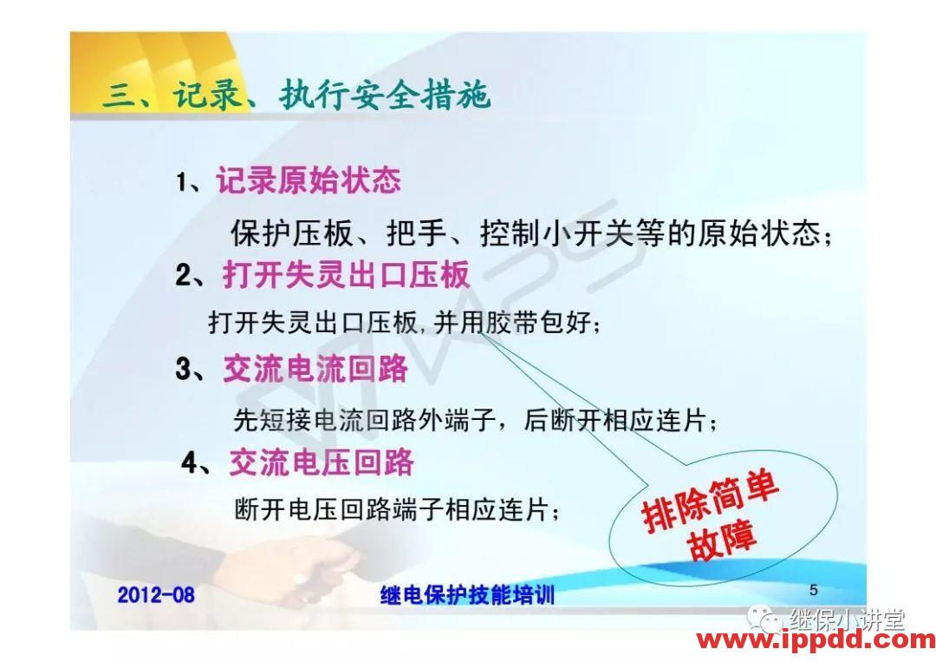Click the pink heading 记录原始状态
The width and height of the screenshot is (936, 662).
309,180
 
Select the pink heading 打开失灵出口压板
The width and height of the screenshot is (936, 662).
346,275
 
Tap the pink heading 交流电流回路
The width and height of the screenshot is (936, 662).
315,369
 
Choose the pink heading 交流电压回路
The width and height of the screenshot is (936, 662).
322,462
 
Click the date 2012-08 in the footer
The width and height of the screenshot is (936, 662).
156,595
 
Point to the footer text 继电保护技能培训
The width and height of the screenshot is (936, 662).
467,595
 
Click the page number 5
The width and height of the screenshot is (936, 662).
813,590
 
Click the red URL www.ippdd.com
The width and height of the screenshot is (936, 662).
816,641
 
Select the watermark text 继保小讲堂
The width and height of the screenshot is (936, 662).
846,619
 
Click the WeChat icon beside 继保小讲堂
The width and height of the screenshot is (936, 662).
766,619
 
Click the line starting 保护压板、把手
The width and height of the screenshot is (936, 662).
533,233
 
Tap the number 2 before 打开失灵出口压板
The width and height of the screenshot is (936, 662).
183,276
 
